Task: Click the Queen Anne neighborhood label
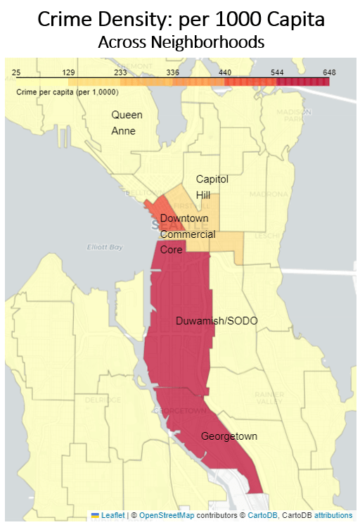[x=127, y=122]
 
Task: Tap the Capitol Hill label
[x=212, y=186]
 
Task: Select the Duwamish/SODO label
[x=217, y=321]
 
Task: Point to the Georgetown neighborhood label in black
[x=229, y=436]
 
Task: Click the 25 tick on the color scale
[x=18, y=72]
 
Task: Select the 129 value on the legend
[x=68, y=72]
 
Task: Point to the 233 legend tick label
[x=120, y=72]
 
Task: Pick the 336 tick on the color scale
[x=173, y=72]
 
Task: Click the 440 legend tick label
[x=225, y=72]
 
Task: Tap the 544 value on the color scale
[x=277, y=72]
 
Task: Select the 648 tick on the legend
[x=329, y=72]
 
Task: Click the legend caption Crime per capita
[x=67, y=92]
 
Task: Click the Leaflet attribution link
[x=112, y=516]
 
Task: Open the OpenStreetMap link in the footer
[x=165, y=516]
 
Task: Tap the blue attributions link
[x=333, y=516]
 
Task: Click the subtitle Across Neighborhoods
[x=181, y=42]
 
